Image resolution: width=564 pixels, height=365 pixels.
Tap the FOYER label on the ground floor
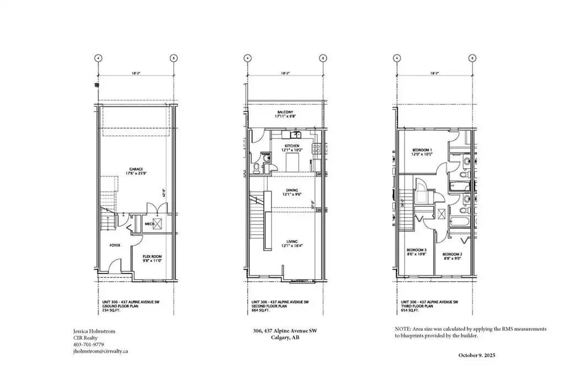click(x=115, y=245)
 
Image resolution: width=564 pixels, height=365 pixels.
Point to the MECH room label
click(x=149, y=224)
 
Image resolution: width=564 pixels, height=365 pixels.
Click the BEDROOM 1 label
click(x=422, y=149)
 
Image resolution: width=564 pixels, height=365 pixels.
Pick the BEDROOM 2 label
click(x=453, y=254)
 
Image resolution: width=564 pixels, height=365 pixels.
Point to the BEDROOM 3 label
click(x=416, y=249)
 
